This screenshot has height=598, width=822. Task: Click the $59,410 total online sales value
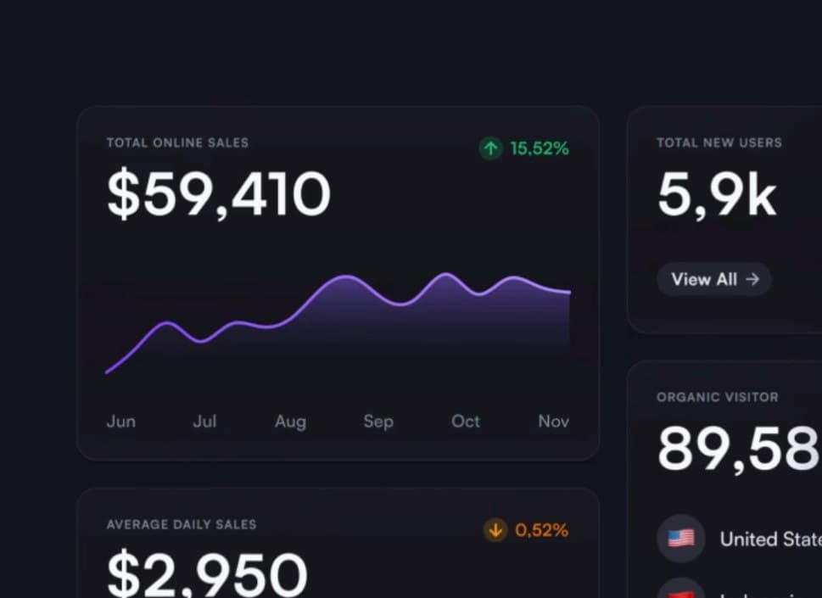click(x=218, y=194)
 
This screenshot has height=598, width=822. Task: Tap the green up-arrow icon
click(x=491, y=149)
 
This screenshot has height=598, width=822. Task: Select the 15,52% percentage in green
click(x=540, y=149)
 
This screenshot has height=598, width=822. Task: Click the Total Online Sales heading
click(x=177, y=143)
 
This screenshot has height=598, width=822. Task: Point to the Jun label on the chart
click(x=120, y=422)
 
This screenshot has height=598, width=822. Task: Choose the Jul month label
click(x=204, y=422)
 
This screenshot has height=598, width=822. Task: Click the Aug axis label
click(x=290, y=422)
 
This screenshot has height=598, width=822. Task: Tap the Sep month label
click(x=378, y=422)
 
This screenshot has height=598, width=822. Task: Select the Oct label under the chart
click(x=466, y=422)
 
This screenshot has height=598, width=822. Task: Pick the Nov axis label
click(x=553, y=422)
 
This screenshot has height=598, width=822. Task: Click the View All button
click(x=714, y=279)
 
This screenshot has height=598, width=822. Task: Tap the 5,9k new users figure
click(x=717, y=194)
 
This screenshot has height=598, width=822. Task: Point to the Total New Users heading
click(x=719, y=143)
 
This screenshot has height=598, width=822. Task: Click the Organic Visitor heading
click(x=718, y=397)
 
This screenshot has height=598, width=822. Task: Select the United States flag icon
click(x=681, y=539)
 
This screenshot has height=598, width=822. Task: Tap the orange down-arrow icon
click(x=495, y=531)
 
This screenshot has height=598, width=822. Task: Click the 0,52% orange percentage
click(x=542, y=531)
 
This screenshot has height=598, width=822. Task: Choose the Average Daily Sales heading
click(x=182, y=525)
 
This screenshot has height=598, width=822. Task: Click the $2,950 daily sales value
click(x=207, y=573)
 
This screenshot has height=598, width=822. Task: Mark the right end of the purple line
click(x=569, y=293)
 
